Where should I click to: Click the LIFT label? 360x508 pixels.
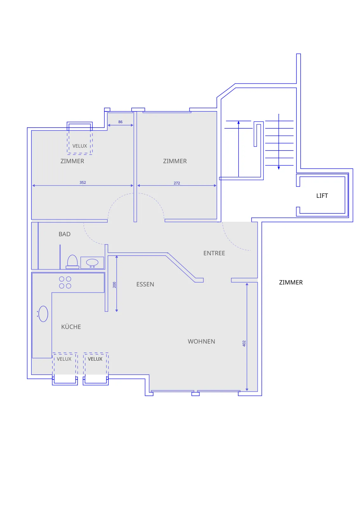coord(322,196)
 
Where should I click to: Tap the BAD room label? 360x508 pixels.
coord(65,234)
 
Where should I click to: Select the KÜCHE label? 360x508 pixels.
coord(71,326)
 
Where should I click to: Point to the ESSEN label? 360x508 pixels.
coord(145,284)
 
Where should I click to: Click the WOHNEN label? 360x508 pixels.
coord(201,341)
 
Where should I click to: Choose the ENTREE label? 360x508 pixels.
coord(214,253)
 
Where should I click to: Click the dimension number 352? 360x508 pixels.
coord(83,182)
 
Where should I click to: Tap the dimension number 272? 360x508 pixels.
coord(177,183)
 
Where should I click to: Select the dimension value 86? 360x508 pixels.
coord(120,122)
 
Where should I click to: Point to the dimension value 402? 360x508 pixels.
coord(244,343)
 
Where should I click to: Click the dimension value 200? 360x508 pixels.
coord(114,285)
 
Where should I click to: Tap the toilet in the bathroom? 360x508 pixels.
coord(72,262)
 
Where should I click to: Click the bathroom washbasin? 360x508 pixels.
coord(92,263)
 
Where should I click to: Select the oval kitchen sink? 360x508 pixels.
coord(43,314)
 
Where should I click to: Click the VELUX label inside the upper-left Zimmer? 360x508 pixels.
coord(80,146)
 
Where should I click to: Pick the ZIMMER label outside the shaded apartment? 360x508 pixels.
coord(291,282)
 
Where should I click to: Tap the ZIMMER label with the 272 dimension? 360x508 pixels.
coord(175,161)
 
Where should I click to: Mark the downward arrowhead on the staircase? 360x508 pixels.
coord(279,168)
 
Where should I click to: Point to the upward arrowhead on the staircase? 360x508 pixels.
coord(239,123)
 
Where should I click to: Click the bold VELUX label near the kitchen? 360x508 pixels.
coord(95,359)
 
